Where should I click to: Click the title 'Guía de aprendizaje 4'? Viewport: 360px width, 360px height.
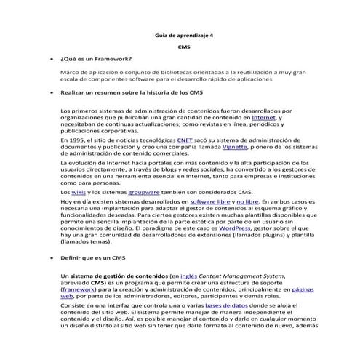180,36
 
